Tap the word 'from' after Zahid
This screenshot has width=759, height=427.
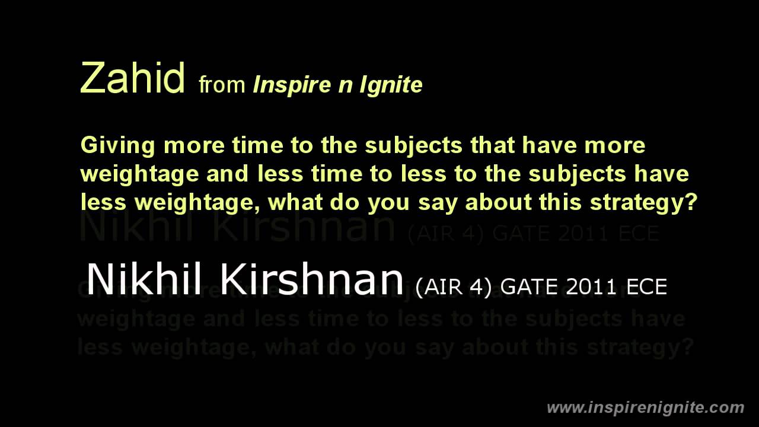click(222, 85)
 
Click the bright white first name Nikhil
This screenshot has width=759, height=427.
click(144, 279)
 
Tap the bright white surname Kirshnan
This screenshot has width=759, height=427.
click(311, 279)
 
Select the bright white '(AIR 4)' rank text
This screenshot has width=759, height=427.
click(454, 287)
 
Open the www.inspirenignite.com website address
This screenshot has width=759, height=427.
click(645, 408)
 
